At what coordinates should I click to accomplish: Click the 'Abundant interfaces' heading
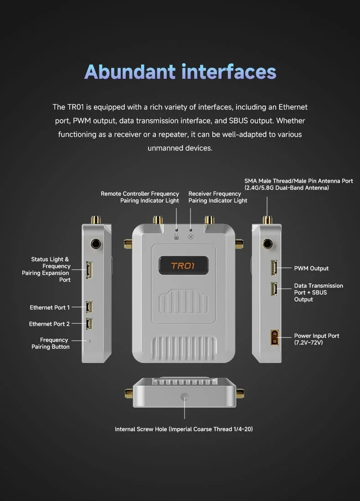(180, 72)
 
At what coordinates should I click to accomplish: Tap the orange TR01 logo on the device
(183, 266)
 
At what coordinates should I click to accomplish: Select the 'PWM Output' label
(311, 268)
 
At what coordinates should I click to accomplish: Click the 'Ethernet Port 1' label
(50, 307)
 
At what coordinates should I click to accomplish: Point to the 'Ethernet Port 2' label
(49, 324)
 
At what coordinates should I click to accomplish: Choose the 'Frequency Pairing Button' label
(51, 343)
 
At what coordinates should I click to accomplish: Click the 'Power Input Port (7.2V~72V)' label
(317, 339)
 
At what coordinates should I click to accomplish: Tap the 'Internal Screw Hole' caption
(184, 429)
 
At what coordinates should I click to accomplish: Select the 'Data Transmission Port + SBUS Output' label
(319, 292)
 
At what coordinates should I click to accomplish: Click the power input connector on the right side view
(275, 337)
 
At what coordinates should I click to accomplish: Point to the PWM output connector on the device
(274, 268)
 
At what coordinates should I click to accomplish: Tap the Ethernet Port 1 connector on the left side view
(89, 307)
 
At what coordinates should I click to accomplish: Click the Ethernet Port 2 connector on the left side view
(89, 324)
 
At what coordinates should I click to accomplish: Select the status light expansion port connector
(89, 270)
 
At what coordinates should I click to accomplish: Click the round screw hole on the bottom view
(185, 397)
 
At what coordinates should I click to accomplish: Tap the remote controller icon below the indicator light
(176, 237)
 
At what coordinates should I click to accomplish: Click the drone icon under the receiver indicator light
(190, 237)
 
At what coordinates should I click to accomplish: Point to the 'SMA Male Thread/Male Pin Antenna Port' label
(298, 184)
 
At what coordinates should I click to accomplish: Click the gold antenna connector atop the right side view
(267, 220)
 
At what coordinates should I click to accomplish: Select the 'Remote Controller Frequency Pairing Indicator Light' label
(140, 197)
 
